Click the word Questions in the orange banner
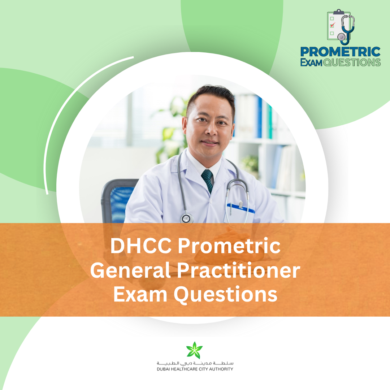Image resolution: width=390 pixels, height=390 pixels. (x=226, y=295)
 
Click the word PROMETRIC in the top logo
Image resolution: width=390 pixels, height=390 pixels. (x=341, y=52)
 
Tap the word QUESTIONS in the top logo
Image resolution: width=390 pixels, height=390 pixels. (x=352, y=62)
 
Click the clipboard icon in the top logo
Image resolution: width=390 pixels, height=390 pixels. (x=335, y=25)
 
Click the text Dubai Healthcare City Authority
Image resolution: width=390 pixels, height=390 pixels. (x=195, y=369)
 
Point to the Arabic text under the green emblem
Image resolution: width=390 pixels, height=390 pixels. (x=195, y=363)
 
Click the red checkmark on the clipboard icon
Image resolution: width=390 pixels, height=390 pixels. (x=333, y=25)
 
